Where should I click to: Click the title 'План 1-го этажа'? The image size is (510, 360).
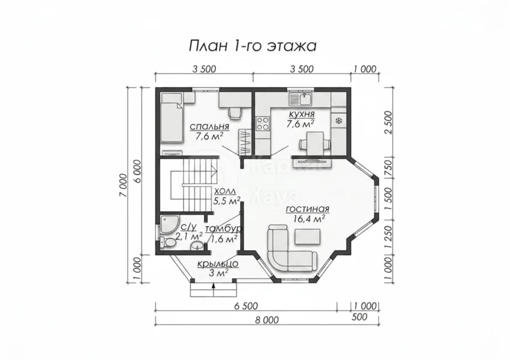tap(253, 46)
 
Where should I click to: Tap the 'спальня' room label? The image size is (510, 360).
tap(209, 126)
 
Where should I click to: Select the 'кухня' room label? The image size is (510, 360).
tap(301, 115)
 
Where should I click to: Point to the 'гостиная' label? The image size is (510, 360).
tap(308, 209)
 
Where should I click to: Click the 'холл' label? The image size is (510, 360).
tap(226, 191)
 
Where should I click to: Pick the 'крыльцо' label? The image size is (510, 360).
tap(218, 264)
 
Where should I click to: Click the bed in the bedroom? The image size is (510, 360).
tap(172, 117)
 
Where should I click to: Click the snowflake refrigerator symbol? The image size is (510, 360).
tap(338, 121)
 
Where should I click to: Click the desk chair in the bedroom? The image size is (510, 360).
tap(235, 113)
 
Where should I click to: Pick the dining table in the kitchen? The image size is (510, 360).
tap(315, 143)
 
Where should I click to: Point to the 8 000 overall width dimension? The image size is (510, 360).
tap(267, 320)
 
